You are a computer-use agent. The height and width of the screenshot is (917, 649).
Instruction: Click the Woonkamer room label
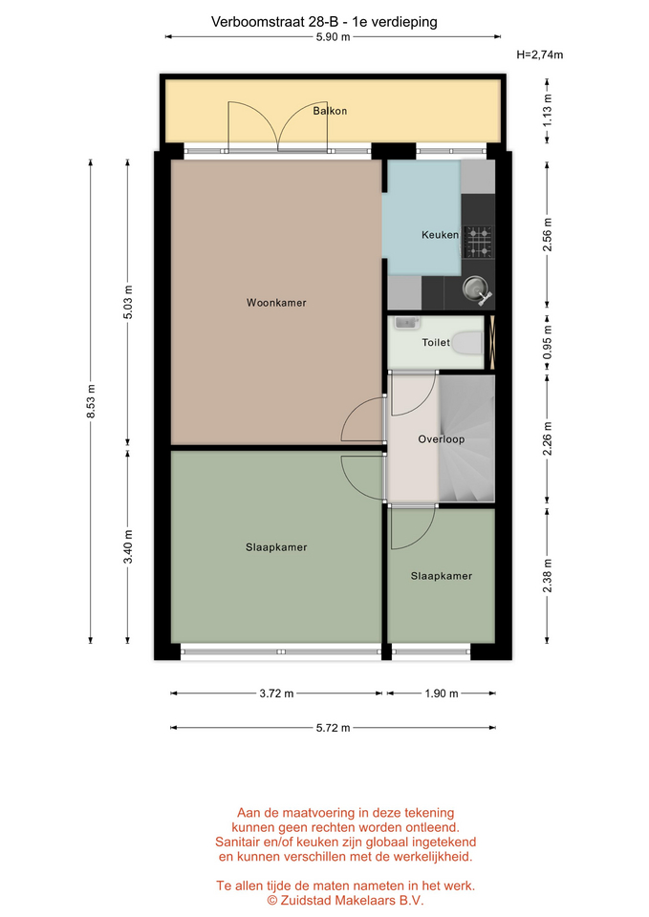point(276,303)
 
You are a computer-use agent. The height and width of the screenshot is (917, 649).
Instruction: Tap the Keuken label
point(440,235)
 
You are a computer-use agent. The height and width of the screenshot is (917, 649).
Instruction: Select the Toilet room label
point(436,342)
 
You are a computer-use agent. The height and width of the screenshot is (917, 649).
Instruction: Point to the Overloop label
point(442,439)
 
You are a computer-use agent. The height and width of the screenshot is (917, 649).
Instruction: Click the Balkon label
point(330,111)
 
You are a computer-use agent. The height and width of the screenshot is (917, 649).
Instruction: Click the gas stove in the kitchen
point(479,242)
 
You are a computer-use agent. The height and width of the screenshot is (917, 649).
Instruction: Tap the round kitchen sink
point(473,288)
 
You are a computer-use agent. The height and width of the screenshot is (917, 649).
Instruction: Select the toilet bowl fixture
point(468,343)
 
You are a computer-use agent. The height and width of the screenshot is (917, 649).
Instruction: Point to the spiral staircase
point(467,438)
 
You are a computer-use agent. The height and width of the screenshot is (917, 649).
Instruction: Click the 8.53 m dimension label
point(91,401)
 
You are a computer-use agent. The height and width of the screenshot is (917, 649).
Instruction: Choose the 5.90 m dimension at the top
point(333,37)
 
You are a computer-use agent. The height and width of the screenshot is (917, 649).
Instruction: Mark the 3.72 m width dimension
point(277,693)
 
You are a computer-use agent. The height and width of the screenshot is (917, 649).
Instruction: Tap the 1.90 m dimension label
point(442,693)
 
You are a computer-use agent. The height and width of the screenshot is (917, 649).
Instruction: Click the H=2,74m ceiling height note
point(540,55)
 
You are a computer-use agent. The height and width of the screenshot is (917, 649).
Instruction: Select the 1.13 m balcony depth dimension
point(547,111)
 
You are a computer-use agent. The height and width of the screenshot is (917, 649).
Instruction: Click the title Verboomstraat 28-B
point(275,22)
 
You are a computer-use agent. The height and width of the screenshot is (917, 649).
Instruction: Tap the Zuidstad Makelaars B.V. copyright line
point(345,901)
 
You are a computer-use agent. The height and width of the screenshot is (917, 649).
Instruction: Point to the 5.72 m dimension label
point(333,728)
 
